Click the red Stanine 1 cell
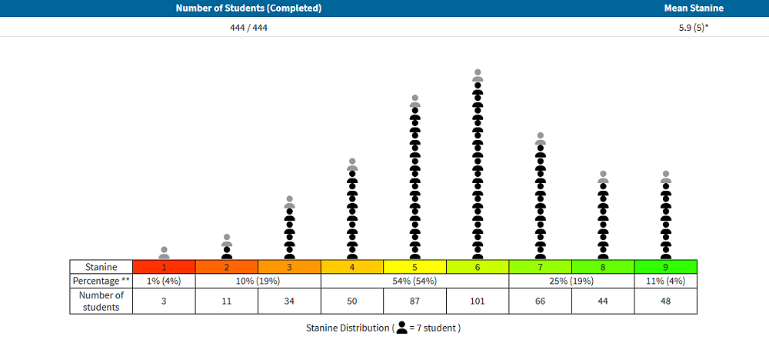click(164, 267)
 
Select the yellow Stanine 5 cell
click(414, 267)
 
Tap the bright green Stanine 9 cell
click(665, 267)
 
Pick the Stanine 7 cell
click(540, 267)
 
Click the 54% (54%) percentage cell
click(414, 281)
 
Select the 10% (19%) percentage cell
click(258, 281)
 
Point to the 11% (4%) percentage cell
click(665, 281)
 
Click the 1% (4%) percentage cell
click(164, 281)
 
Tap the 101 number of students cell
click(478, 301)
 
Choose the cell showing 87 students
click(414, 301)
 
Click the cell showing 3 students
click(164, 301)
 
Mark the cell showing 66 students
click(540, 301)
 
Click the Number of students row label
click(101, 301)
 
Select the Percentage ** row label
click(101, 281)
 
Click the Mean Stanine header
click(694, 8)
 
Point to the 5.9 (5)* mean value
click(694, 27)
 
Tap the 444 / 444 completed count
click(248, 27)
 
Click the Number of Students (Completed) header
click(248, 8)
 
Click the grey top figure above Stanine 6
click(478, 75)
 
